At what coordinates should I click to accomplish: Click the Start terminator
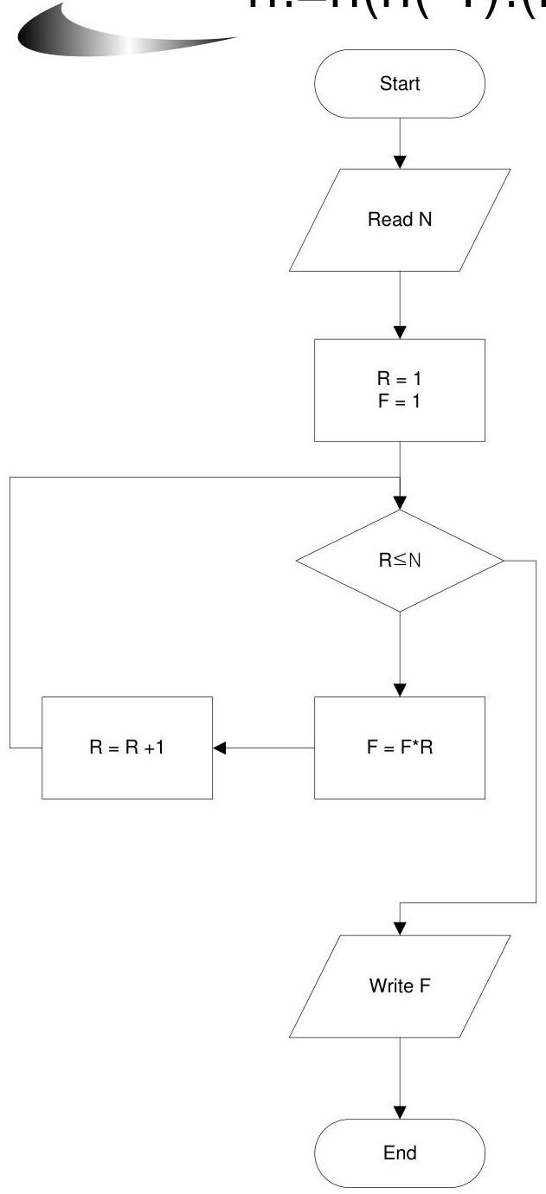[x=400, y=84]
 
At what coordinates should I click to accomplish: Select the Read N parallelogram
[x=400, y=220]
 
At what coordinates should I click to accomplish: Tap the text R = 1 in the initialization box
[x=400, y=379]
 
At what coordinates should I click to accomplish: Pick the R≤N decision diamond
[x=400, y=561]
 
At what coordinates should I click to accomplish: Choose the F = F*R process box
[x=400, y=747]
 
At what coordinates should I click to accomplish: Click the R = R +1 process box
[x=127, y=747]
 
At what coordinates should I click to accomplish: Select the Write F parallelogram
[x=400, y=985]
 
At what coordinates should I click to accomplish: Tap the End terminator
[x=400, y=1152]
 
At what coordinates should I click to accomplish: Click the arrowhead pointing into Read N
[x=400, y=162]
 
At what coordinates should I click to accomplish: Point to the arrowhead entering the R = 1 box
[x=400, y=331]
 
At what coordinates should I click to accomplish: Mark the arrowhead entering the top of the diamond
[x=400, y=503]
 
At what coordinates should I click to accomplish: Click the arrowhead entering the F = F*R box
[x=400, y=690]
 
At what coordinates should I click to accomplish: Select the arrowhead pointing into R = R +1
[x=220, y=747]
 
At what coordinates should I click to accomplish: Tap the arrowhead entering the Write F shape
[x=400, y=928]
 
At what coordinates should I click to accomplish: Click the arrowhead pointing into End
[x=400, y=1112]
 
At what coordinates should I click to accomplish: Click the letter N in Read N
[x=425, y=220]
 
